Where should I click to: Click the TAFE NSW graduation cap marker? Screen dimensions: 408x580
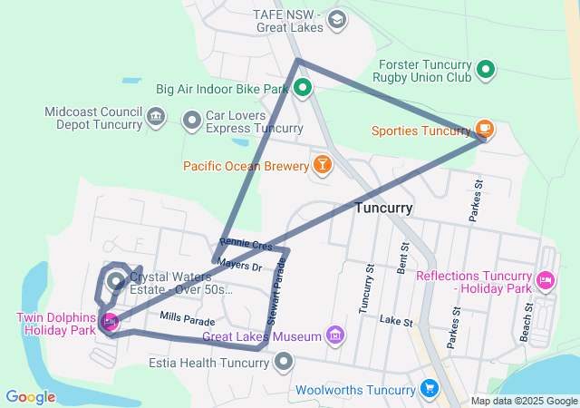pyautogui.click(x=336, y=20)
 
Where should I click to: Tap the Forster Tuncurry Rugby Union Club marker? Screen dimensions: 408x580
pyautogui.click(x=486, y=69)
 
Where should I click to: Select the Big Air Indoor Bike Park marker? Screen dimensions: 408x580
pyautogui.click(x=302, y=89)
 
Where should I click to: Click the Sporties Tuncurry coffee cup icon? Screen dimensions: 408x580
pyautogui.click(x=484, y=129)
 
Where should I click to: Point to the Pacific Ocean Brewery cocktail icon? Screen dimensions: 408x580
pyautogui.click(x=321, y=164)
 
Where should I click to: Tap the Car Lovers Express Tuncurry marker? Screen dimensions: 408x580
pyautogui.click(x=192, y=120)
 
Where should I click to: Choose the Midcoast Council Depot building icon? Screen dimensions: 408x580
pyautogui.click(x=155, y=115)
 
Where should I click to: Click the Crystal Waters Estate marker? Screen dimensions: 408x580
pyautogui.click(x=116, y=281)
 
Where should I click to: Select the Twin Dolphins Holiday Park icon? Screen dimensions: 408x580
pyautogui.click(x=110, y=320)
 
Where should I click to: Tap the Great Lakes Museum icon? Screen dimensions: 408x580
pyautogui.click(x=335, y=336)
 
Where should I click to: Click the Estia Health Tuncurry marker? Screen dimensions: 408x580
pyautogui.click(x=285, y=363)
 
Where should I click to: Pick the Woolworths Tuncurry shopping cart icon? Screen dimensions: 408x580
pyautogui.click(x=430, y=390)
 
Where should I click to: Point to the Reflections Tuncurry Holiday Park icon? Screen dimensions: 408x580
pyautogui.click(x=545, y=279)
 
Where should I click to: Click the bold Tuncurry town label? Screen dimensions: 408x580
pyautogui.click(x=383, y=208)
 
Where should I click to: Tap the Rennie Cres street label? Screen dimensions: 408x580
pyautogui.click(x=246, y=244)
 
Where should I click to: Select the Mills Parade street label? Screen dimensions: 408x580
pyautogui.click(x=188, y=319)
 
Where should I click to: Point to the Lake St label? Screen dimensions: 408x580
pyautogui.click(x=396, y=321)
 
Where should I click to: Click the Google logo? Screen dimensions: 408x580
pyautogui.click(x=31, y=397)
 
